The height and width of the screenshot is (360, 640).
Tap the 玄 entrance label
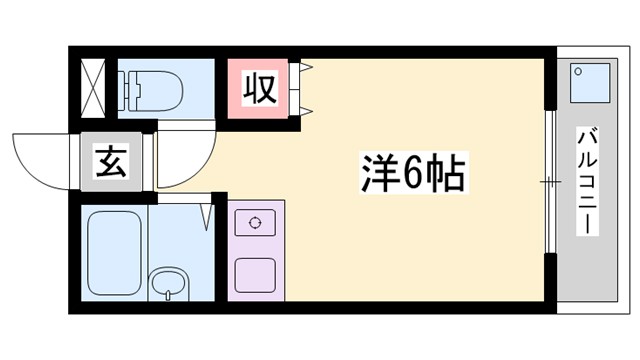(x=109, y=160)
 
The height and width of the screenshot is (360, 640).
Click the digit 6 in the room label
(x=412, y=176)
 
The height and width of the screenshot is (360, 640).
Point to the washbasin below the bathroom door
(x=168, y=283)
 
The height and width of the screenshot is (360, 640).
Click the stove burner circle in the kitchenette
(x=254, y=223)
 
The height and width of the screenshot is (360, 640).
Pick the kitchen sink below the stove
(x=254, y=272)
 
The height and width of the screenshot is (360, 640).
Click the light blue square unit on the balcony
(x=590, y=82)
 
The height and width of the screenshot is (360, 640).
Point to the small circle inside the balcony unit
(x=580, y=72)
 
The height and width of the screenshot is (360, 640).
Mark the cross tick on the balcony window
(x=549, y=181)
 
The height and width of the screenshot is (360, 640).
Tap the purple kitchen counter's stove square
(x=254, y=224)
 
